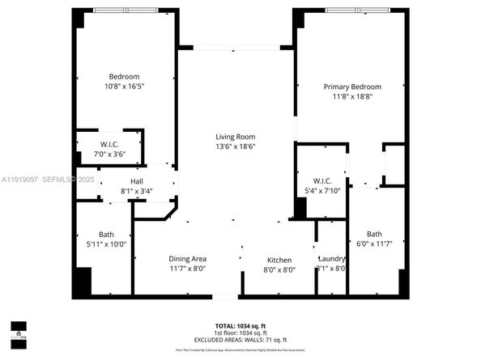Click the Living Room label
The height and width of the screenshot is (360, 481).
[235, 137]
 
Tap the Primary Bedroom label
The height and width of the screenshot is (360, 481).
[352, 87]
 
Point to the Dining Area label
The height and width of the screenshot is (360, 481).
[188, 259]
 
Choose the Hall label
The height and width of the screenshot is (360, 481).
[137, 181]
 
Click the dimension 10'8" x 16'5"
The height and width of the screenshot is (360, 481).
[124, 87]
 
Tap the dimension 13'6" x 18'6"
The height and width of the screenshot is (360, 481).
[235, 146]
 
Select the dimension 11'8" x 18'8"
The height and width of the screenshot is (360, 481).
[352, 96]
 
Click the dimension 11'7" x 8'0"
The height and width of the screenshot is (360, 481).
[188, 269]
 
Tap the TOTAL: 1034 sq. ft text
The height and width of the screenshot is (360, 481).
[240, 324]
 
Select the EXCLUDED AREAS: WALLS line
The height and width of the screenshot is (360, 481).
[240, 339]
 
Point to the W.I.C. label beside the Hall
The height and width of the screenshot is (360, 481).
[110, 144]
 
